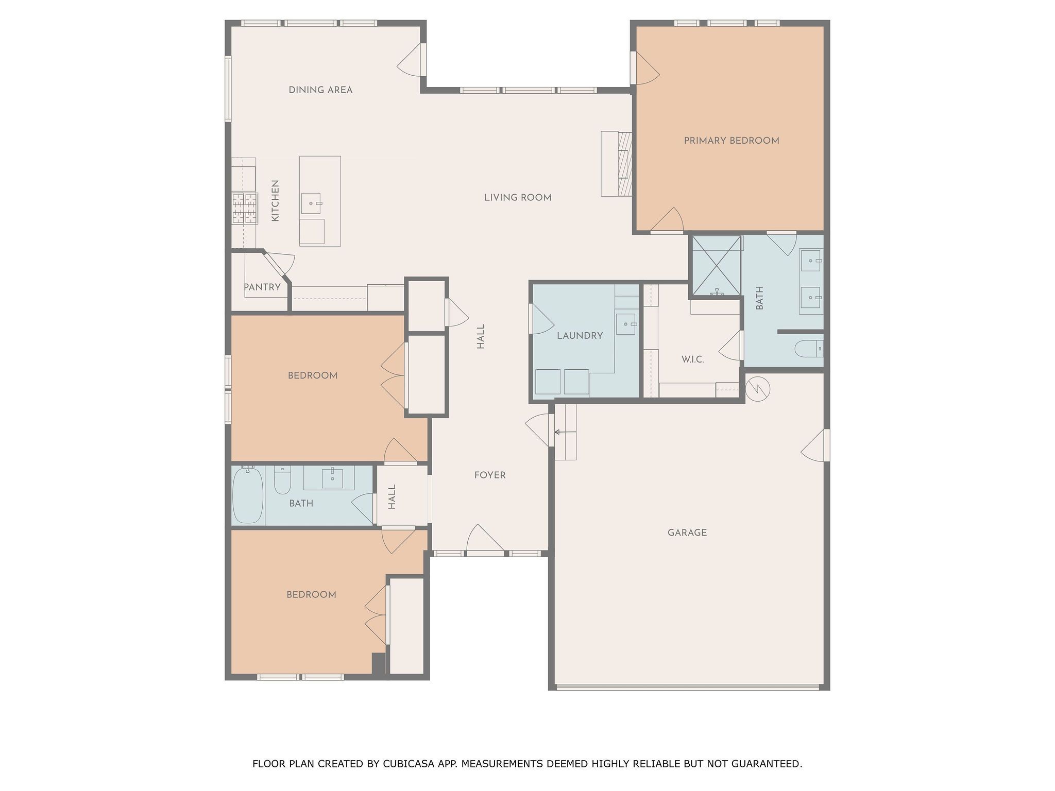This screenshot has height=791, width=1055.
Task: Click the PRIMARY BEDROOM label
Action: (x=731, y=141)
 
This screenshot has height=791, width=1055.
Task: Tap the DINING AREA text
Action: (x=320, y=90)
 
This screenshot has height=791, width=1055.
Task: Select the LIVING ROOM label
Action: (x=518, y=198)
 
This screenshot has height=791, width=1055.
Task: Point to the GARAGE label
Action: (x=687, y=532)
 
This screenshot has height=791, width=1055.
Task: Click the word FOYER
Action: (x=490, y=475)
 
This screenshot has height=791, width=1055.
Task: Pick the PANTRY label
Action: (x=262, y=287)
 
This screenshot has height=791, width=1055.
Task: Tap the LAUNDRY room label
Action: (x=580, y=336)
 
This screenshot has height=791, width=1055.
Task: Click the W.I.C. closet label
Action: (x=692, y=359)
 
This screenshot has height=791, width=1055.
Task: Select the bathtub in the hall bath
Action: (x=248, y=495)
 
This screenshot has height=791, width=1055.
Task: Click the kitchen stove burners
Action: (x=244, y=208)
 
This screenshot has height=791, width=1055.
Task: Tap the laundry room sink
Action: (x=626, y=324)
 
